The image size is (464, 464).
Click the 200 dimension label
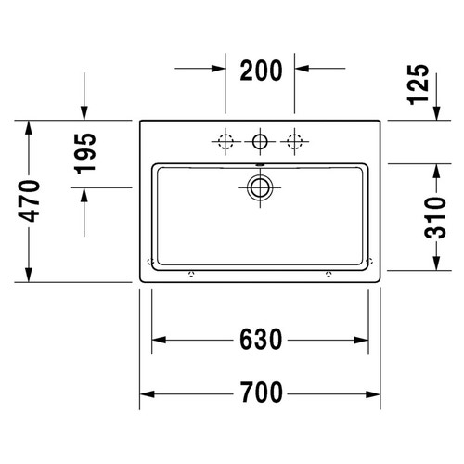(261, 70)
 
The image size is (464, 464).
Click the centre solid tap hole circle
(261, 142)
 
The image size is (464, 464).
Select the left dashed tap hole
(225, 142)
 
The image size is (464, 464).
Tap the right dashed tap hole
(296, 142)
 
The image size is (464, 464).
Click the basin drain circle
(260, 187)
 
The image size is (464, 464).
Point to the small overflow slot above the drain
(261, 167)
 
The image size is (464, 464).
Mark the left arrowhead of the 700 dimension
(146, 394)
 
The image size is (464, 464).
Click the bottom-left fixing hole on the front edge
(191, 275)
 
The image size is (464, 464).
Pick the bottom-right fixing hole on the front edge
(328, 275)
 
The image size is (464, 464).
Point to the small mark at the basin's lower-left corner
(149, 260)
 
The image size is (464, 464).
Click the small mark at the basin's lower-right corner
(368, 260)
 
